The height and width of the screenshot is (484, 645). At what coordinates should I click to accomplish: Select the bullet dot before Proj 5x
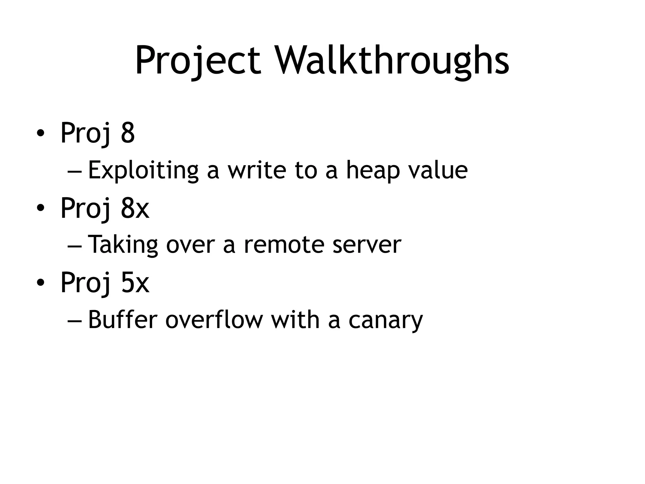(x=40, y=283)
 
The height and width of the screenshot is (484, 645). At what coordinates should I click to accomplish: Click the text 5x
(x=135, y=283)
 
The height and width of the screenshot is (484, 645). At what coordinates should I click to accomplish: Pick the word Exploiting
(x=143, y=170)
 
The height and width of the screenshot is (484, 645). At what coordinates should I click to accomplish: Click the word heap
(x=373, y=170)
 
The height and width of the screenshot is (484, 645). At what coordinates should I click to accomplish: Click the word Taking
(x=123, y=245)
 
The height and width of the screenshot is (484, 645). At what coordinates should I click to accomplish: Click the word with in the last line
(x=295, y=320)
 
